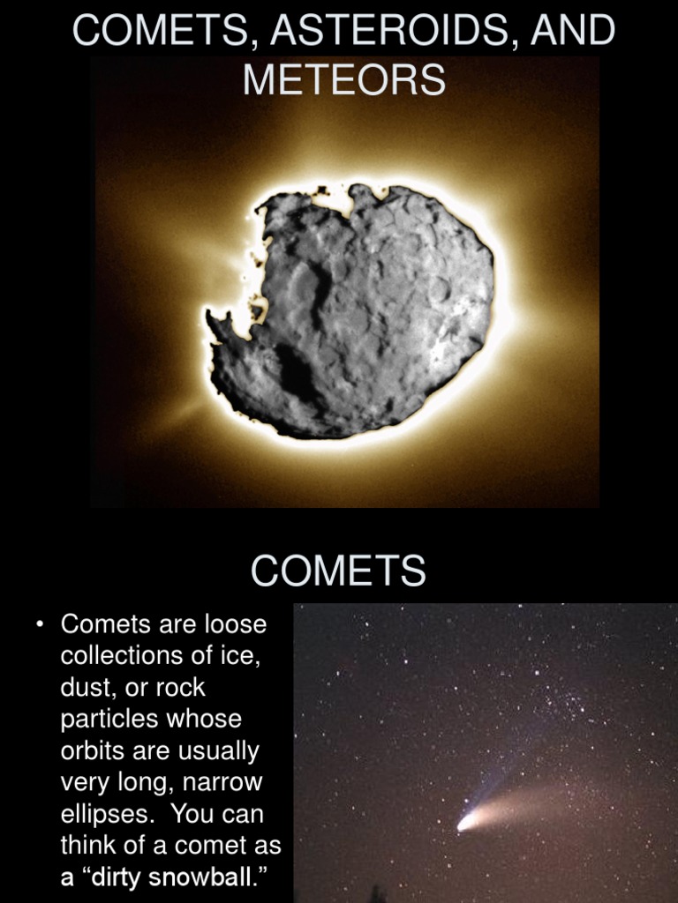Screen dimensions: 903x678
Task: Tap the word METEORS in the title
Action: pyautogui.click(x=344, y=80)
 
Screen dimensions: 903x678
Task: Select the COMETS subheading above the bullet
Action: pyautogui.click(x=339, y=571)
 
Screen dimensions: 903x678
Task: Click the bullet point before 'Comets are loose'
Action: pyautogui.click(x=41, y=625)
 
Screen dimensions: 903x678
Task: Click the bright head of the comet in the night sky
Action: pyautogui.click(x=465, y=824)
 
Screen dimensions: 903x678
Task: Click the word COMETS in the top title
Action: pyautogui.click(x=162, y=32)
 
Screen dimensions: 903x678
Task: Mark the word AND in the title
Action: pyautogui.click(x=575, y=32)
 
